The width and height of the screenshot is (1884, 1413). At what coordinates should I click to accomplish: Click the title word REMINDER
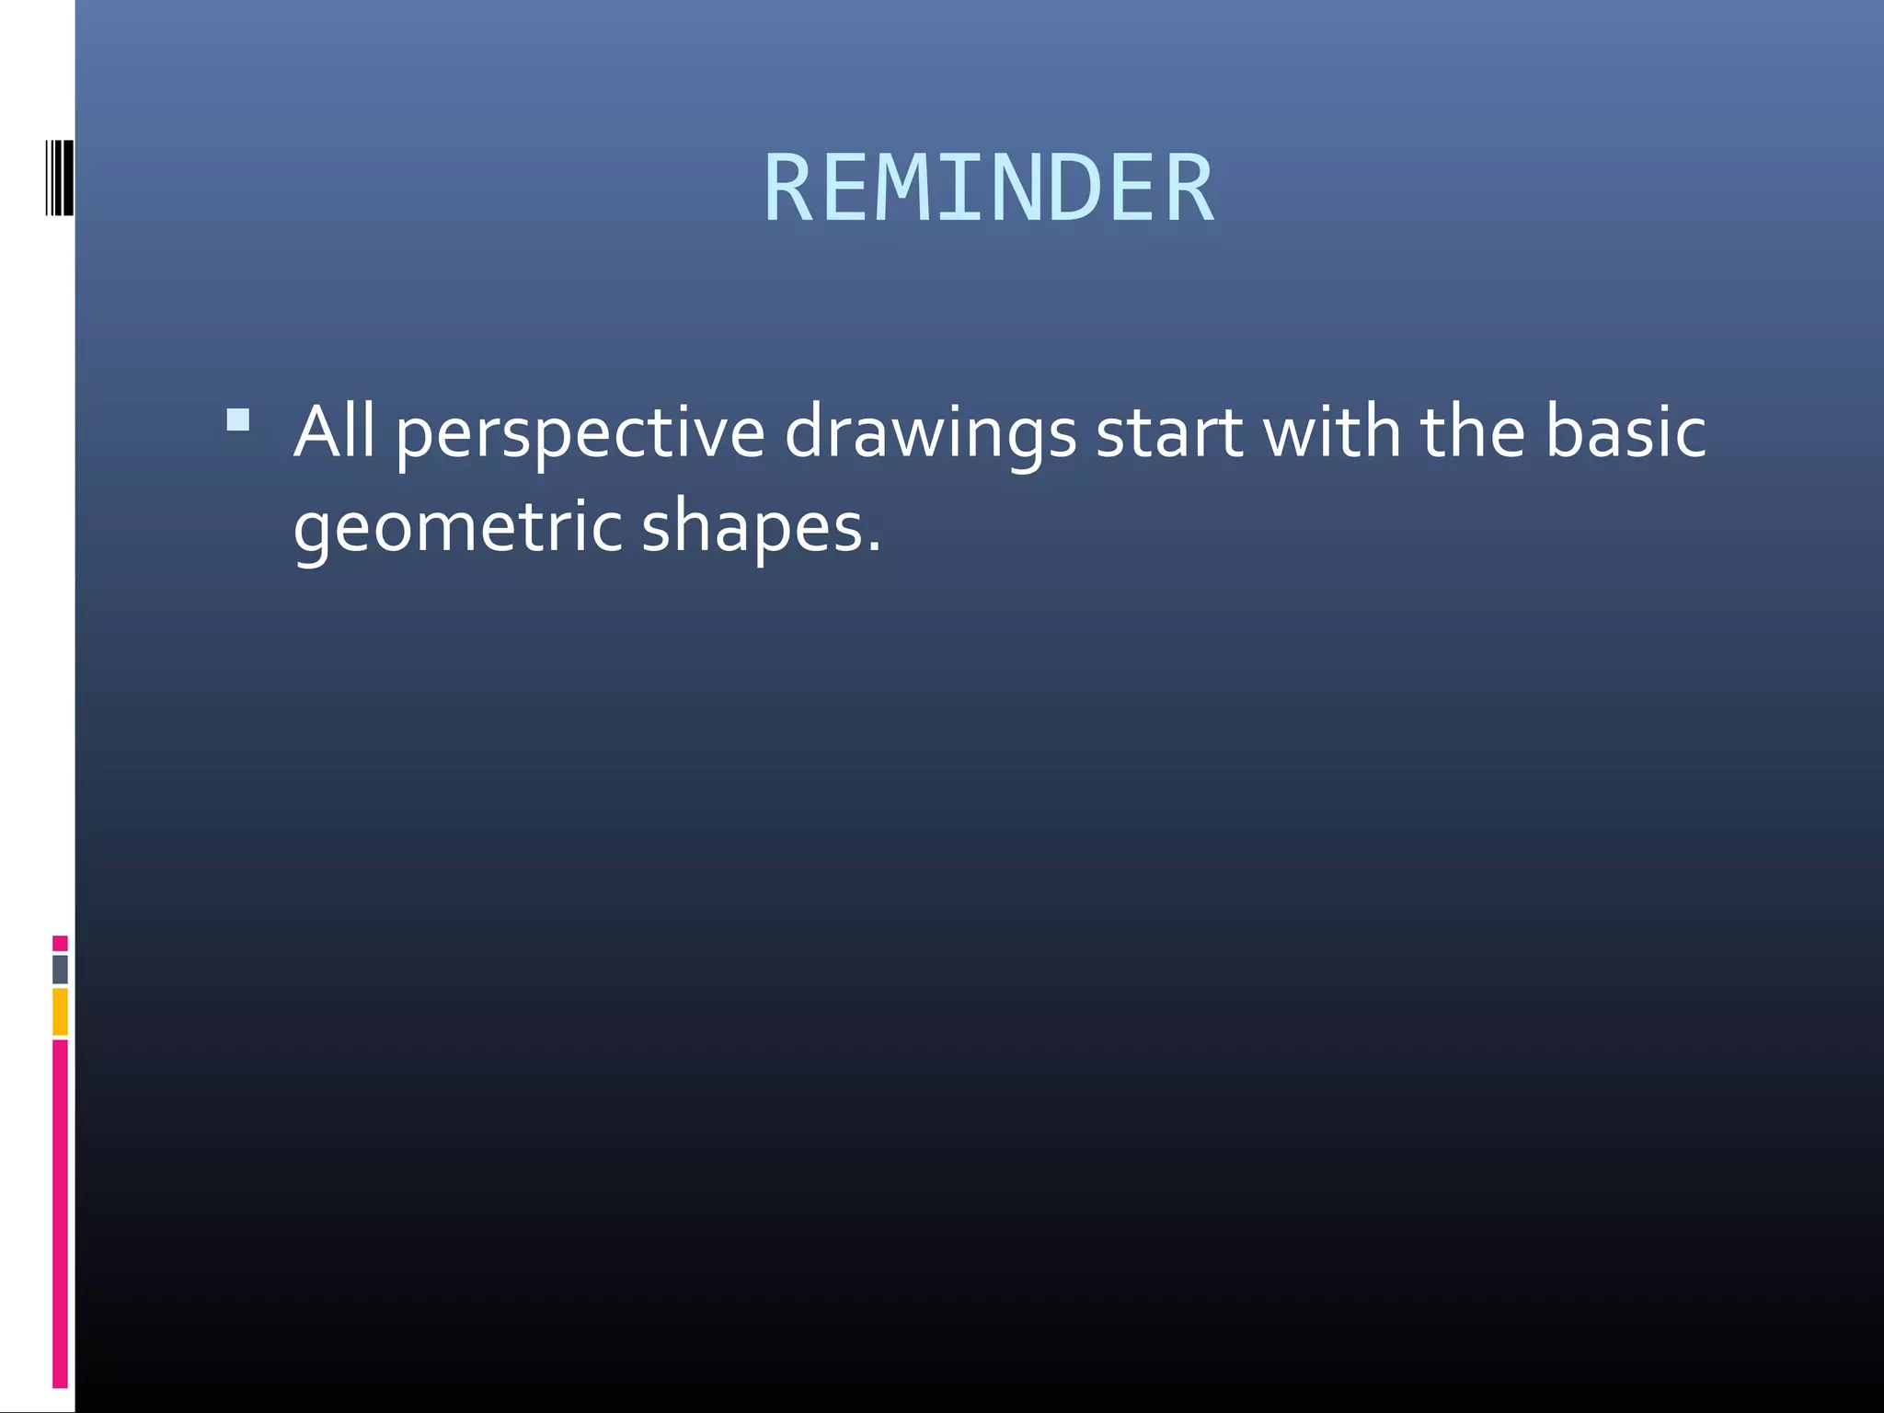click(989, 189)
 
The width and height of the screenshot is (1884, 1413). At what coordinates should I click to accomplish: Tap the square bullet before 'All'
click(238, 420)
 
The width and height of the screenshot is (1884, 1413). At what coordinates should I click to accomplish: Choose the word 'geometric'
click(457, 528)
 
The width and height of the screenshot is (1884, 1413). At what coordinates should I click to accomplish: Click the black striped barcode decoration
click(60, 178)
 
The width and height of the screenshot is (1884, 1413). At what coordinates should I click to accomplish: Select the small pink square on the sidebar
click(60, 943)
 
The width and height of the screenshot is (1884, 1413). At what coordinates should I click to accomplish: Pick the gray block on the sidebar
click(60, 970)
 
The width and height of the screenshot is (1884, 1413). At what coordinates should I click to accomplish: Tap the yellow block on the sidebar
click(60, 1011)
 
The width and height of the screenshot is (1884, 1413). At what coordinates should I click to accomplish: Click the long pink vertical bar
click(60, 1212)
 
